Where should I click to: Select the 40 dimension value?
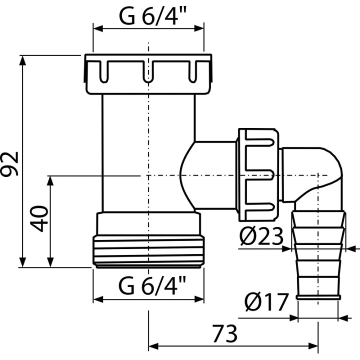(x=39, y=218)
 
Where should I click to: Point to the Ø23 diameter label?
(x=261, y=236)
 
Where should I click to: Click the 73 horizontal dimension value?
(x=225, y=333)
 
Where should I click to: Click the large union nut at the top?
(x=148, y=74)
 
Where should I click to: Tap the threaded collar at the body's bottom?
(x=148, y=251)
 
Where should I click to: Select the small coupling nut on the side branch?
(x=259, y=175)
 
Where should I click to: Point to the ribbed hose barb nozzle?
(x=318, y=255)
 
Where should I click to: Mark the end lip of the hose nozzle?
(x=318, y=297)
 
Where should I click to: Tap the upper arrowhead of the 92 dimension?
(x=22, y=60)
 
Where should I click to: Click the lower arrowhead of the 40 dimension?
(x=50, y=262)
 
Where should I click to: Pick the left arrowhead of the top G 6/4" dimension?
(x=98, y=28)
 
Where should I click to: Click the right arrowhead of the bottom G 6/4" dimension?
(x=199, y=299)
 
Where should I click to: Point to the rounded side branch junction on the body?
(x=187, y=175)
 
